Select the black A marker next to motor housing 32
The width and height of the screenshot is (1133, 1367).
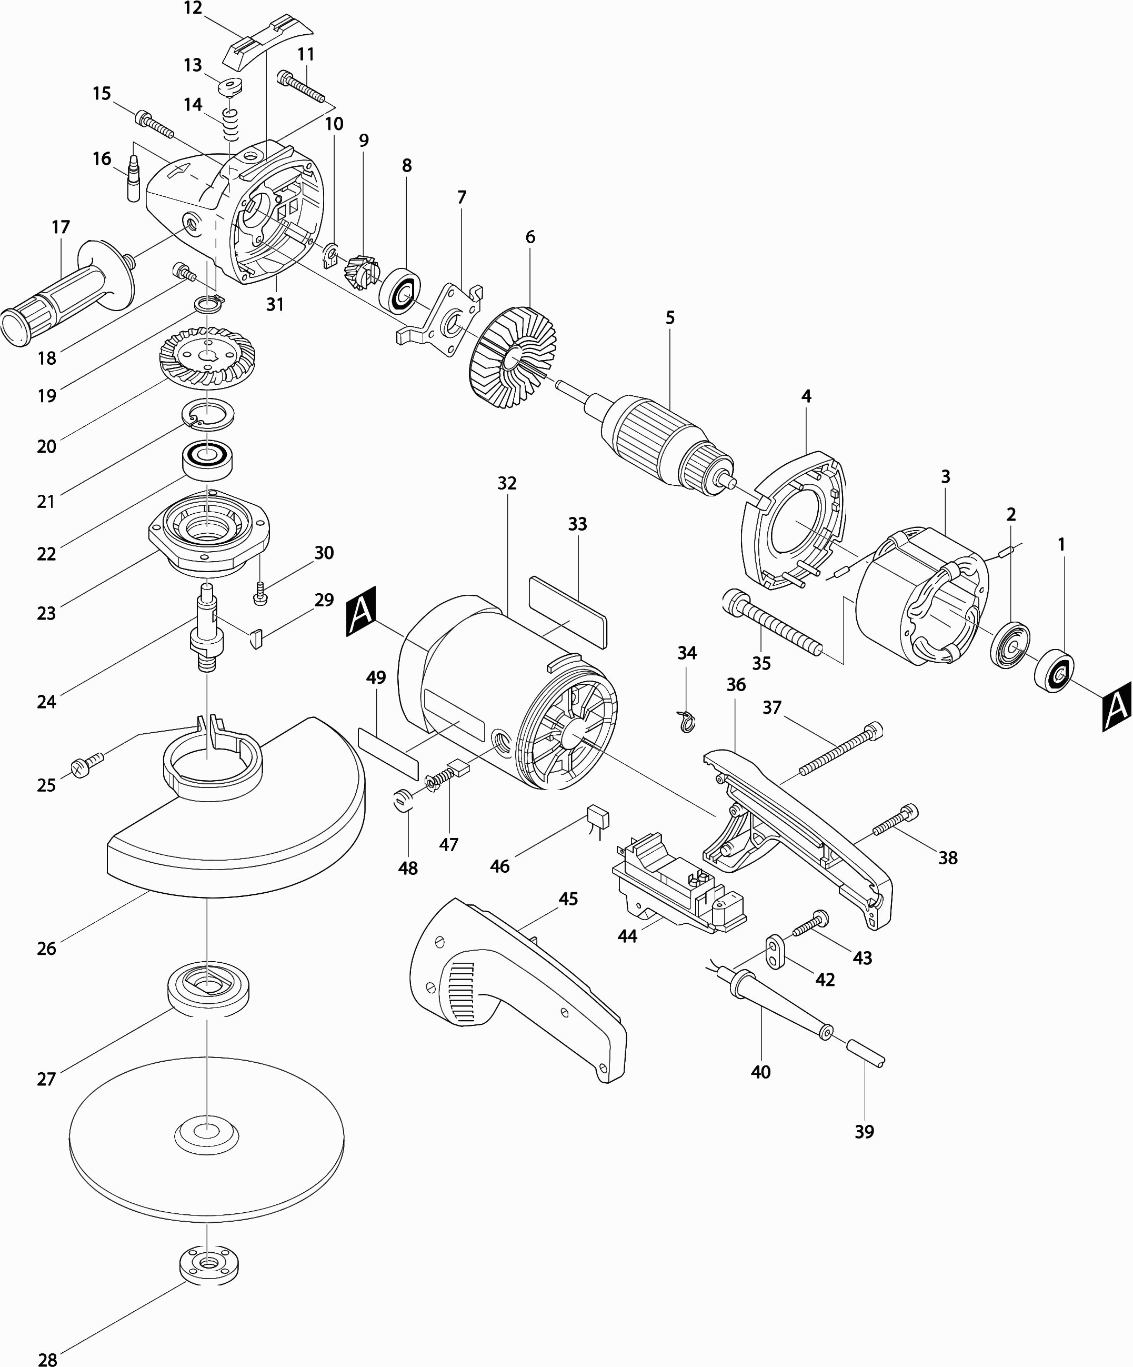(361, 611)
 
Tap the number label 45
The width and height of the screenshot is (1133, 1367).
(568, 899)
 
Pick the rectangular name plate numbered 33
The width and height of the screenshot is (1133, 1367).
(569, 612)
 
